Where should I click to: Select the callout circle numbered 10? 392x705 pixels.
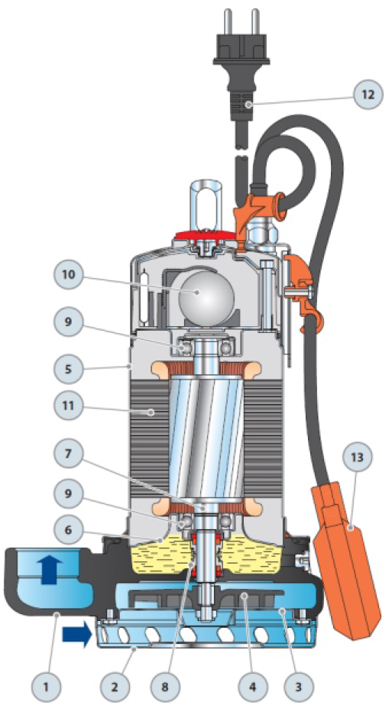pyautogui.click(x=69, y=275)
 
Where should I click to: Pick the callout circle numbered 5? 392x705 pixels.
pyautogui.click(x=69, y=370)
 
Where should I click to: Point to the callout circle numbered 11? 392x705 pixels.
pyautogui.click(x=69, y=406)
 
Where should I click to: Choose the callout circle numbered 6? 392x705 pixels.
pyautogui.click(x=69, y=531)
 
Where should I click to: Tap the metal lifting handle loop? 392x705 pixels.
pyautogui.click(x=205, y=207)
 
